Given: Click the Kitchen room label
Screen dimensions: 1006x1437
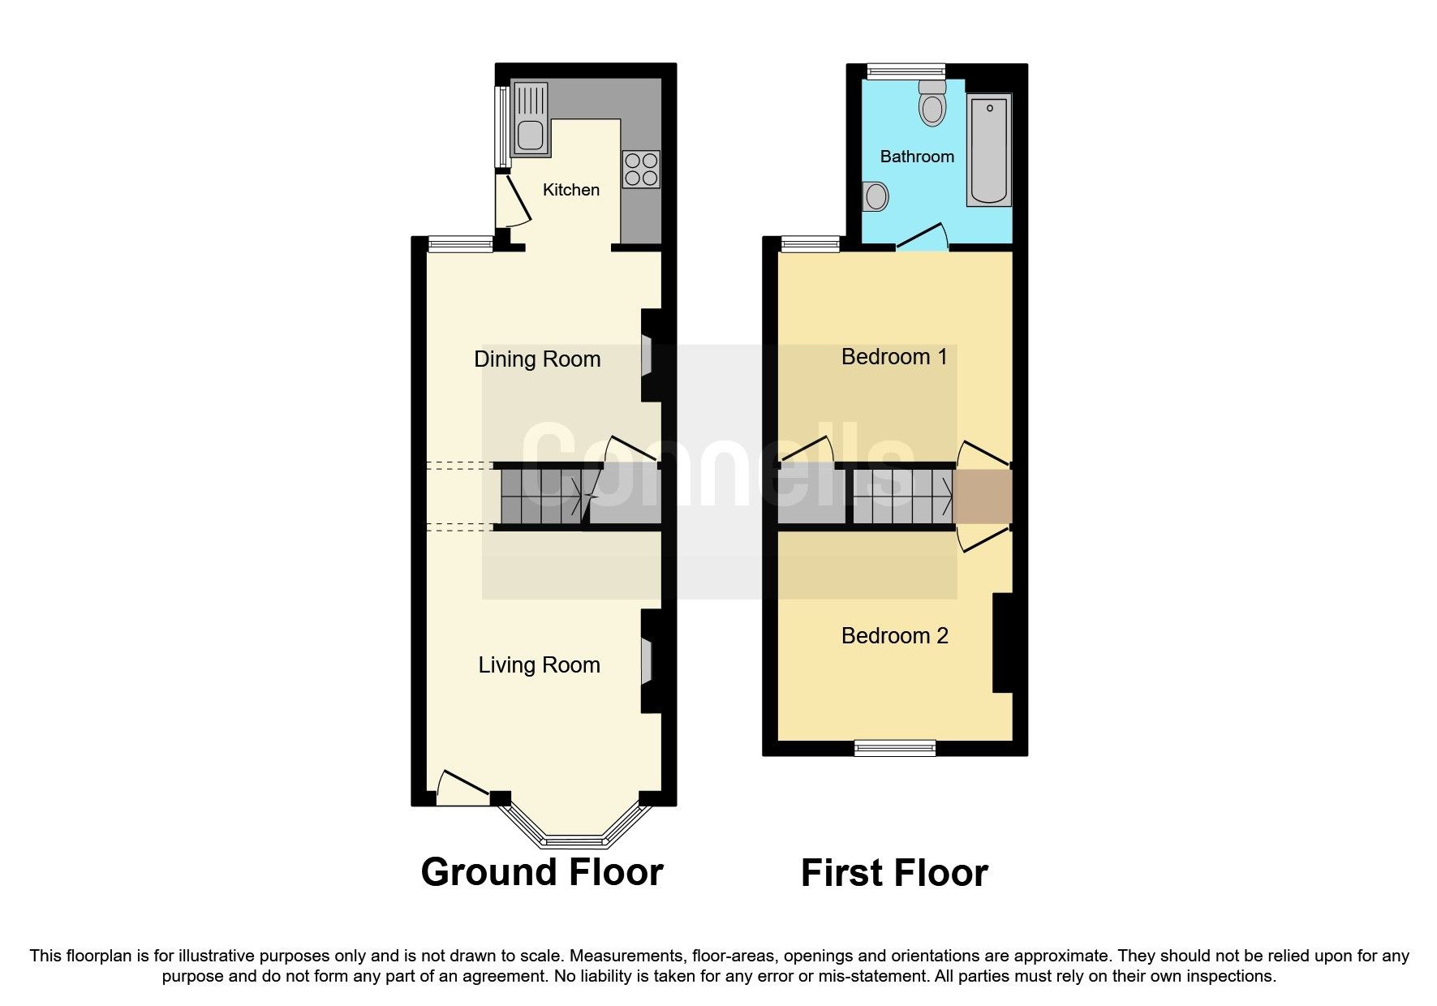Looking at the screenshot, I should point(570,190).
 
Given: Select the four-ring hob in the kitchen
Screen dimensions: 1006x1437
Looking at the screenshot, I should point(641,170).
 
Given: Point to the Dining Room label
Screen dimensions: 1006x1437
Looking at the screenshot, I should point(537,359).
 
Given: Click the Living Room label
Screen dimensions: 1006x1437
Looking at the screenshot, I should point(539,665).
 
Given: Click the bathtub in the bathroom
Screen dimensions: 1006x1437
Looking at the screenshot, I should point(989,150).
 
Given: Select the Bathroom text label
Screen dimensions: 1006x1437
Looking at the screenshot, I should point(917,157).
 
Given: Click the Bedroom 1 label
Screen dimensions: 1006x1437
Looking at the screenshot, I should point(894,357).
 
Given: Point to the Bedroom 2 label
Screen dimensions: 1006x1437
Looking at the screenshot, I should point(894,636).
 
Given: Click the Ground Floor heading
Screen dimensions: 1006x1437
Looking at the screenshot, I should point(542,872).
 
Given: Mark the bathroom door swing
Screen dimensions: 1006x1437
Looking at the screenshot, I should point(923,238).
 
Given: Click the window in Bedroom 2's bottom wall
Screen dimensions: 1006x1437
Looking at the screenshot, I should point(895,748).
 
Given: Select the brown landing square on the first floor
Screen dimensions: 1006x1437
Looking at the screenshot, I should point(983,497).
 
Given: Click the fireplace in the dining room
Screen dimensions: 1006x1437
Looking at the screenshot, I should point(648,355).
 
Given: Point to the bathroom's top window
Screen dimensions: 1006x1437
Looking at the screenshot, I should point(906,71).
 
